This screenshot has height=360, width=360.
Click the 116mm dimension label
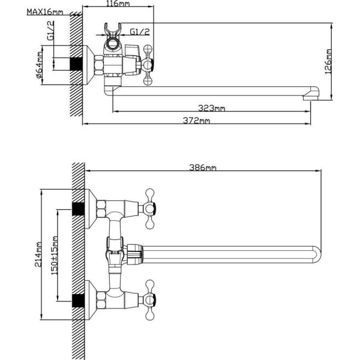[118, 4]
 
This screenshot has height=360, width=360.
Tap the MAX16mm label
[45, 12]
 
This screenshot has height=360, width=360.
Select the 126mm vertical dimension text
[328, 61]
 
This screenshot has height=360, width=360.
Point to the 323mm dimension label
[211, 107]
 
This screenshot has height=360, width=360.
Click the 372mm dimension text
[196, 121]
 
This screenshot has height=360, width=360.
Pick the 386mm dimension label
[203, 167]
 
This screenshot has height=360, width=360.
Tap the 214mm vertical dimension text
[38, 254]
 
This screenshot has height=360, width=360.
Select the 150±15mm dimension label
[54, 256]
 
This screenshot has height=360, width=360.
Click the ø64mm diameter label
[39, 65]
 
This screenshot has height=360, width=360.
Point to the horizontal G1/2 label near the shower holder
[140, 31]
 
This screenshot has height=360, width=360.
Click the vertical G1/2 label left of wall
[51, 31]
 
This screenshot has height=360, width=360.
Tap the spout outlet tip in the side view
[311, 98]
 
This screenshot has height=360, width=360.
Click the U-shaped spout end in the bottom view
[317, 254]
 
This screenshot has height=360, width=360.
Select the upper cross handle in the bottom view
[149, 209]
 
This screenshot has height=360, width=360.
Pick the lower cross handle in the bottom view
[149, 299]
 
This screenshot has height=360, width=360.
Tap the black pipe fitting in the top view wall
[76, 64]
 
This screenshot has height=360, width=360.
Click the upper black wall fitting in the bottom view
[78, 209]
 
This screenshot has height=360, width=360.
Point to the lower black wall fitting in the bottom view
[78, 301]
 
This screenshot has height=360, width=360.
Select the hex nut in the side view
[99, 65]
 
